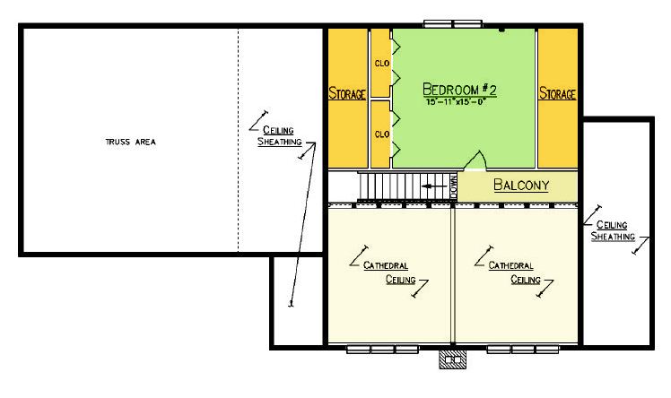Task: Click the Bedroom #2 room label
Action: click(459, 90)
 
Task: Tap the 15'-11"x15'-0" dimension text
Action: click(457, 102)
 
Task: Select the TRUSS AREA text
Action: click(130, 142)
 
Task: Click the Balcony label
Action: click(521, 185)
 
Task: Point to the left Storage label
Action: click(347, 93)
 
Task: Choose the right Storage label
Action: click(557, 93)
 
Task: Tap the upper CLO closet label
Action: click(382, 64)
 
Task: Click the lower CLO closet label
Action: click(382, 134)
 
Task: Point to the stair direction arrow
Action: click(434, 186)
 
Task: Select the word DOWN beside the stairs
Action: click(454, 186)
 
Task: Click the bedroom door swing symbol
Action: click(475, 160)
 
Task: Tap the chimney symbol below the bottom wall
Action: click(453, 359)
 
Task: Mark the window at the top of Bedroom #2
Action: click(453, 23)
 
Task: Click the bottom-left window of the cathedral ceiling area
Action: click(382, 350)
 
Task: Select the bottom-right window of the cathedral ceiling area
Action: click(523, 350)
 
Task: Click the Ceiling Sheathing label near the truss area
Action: click(280, 136)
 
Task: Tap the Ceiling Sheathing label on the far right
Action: click(613, 230)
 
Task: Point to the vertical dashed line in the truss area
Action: click(238, 140)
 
